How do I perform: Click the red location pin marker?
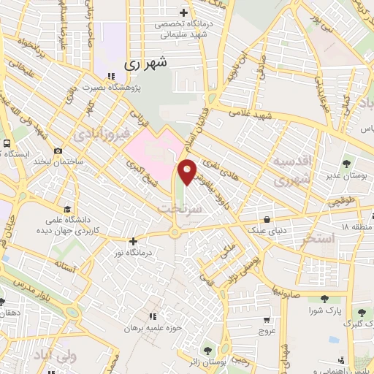click(x=188, y=171)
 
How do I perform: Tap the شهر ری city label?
click(x=145, y=63)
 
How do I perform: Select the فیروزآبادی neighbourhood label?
click(x=103, y=134)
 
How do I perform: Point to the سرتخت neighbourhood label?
click(x=176, y=209)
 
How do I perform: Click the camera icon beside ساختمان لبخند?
click(x=58, y=150)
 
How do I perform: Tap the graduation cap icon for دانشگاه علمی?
click(x=67, y=208)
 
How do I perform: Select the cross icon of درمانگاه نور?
click(x=132, y=240)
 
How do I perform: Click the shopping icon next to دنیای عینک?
click(x=268, y=218)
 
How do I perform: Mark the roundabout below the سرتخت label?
click(x=175, y=233)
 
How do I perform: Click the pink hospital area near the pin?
click(x=150, y=150)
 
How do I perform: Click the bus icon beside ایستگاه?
click(x=7, y=144)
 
